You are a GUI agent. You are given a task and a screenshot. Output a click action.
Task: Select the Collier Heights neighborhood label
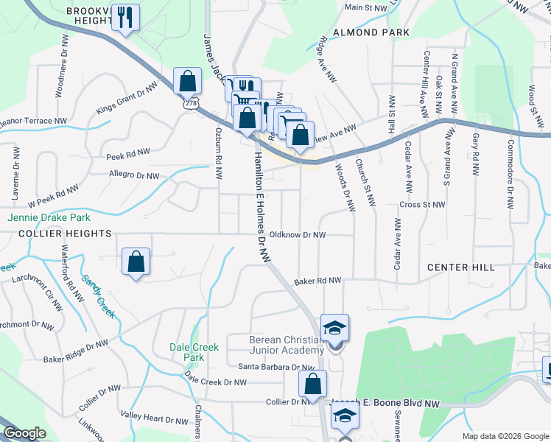pyautogui.click(x=56, y=234)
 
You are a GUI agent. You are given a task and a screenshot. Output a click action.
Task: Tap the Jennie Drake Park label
pyautogui.click(x=49, y=218)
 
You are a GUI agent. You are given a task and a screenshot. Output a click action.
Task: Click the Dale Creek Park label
pyautogui.click(x=192, y=352)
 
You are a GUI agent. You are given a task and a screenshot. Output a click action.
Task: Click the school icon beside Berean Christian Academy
pyautogui.click(x=334, y=328)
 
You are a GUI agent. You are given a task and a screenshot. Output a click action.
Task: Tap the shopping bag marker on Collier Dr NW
pyautogui.click(x=312, y=384)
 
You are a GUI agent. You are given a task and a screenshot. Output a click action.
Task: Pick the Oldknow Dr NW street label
pyautogui.click(x=298, y=235)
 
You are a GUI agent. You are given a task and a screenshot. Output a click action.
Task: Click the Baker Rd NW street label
pyautogui.click(x=317, y=281)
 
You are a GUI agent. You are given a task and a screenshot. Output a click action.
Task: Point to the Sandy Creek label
pyautogui.click(x=98, y=296)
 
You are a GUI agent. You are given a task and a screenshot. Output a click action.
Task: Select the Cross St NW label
pyautogui.click(x=422, y=205)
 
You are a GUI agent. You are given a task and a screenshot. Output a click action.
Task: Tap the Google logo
pyautogui.click(x=25, y=433)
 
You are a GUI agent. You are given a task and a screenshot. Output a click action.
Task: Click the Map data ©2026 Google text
pyautogui.click(x=505, y=436)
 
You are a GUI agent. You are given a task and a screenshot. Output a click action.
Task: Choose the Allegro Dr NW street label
pyautogui.click(x=133, y=176)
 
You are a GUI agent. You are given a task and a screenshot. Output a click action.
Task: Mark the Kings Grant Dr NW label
pyautogui.click(x=127, y=99)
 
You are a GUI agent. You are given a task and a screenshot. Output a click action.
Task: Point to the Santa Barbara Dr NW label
pyautogui.click(x=276, y=367)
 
